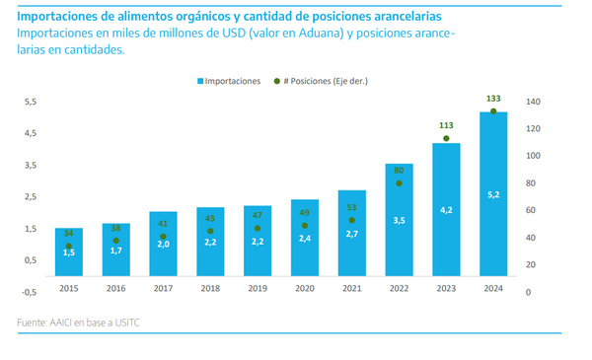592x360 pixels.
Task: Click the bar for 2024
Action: click(493, 194)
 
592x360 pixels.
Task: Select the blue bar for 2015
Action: click(69, 252)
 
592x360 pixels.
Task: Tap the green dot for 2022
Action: click(399, 183)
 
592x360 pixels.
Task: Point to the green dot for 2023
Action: click(446, 138)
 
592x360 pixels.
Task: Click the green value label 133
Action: click(493, 99)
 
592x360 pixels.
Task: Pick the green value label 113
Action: click(446, 125)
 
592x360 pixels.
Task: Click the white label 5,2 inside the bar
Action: click(493, 194)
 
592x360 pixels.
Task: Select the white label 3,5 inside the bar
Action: click(399, 220)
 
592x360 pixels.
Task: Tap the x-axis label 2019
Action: click(258, 288)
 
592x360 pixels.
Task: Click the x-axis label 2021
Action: click(352, 288)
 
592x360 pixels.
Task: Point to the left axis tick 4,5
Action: click(31, 133)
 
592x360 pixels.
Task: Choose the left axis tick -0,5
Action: click(29, 292)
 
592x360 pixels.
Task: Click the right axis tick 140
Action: click(533, 102)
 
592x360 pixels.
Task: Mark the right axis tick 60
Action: click(531, 210)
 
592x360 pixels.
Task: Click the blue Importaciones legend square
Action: click(200, 81)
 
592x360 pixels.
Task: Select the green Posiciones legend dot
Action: click(277, 81)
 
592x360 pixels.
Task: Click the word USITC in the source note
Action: click(127, 323)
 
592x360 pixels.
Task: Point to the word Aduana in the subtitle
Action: click(321, 34)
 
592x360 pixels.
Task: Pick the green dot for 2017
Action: click(163, 237)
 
